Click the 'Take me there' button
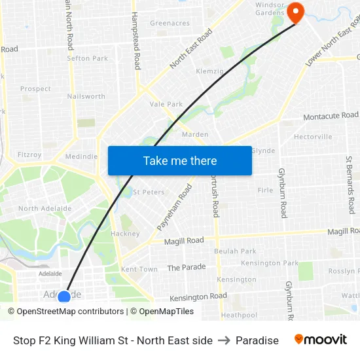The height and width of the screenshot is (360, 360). tap(180, 160)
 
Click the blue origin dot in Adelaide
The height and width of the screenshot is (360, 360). tap(63, 297)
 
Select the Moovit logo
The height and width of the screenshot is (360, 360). tap(321, 340)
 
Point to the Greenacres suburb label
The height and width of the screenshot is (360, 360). tap(170, 23)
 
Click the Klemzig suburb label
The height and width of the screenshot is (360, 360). tap(210, 71)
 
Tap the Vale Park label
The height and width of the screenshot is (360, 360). tap(166, 104)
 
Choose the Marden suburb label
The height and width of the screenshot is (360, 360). tap(195, 135)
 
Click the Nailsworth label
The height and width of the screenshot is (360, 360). tap(86, 96)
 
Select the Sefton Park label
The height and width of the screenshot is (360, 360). tap(87, 58)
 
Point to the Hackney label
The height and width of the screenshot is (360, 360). tap(125, 234)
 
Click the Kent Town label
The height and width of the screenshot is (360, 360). tap(139, 269)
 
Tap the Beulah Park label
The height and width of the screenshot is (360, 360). tap(235, 251)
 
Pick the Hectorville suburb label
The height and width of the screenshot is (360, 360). tap(313, 137)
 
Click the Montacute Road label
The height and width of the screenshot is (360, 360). tap(331, 116)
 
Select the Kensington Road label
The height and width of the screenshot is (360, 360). tap(198, 297)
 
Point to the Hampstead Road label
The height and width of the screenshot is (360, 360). tap(136, 41)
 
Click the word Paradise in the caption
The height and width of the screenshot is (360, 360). tap(257, 340)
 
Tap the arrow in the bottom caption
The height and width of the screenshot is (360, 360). tap(224, 340)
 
